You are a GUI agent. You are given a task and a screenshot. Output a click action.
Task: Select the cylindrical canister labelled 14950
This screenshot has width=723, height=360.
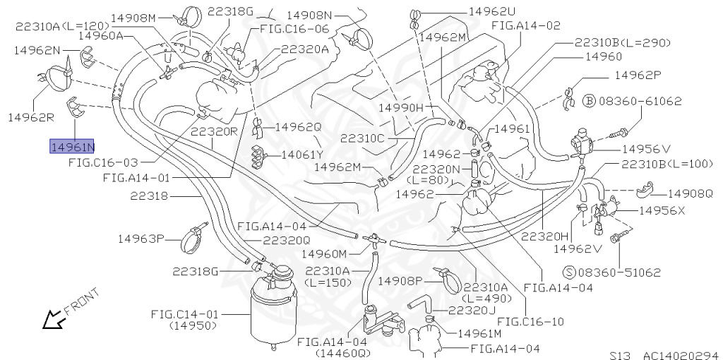tap(272, 311)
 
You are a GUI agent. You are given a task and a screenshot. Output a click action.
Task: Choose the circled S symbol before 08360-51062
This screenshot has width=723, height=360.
tap(568, 272)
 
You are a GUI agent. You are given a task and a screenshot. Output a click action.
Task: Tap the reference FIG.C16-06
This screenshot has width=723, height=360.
tap(294, 29)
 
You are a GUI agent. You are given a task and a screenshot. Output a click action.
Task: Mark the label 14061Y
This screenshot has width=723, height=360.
tap(302, 155)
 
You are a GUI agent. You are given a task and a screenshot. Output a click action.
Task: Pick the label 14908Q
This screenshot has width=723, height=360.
tap(690, 193)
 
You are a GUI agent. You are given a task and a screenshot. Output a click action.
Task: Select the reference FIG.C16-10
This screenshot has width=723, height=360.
tap(536, 321)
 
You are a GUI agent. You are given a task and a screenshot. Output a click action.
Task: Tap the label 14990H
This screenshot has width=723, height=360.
tap(400, 107)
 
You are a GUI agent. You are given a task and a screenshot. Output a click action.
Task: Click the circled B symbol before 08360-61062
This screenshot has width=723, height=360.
tap(590, 102)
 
